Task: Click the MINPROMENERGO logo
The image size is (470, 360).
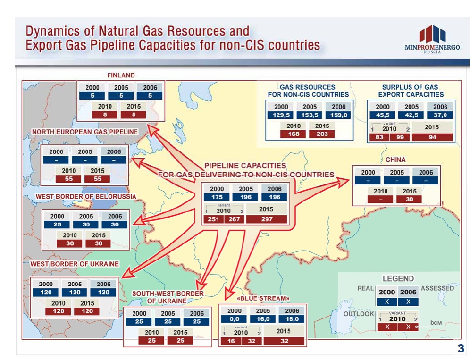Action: click(432, 39)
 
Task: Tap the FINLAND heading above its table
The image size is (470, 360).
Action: click(121, 75)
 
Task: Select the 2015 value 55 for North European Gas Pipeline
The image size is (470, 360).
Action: click(97, 179)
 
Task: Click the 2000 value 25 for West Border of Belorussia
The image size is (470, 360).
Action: click(57, 225)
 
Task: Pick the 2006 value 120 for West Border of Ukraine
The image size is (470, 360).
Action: click(103, 292)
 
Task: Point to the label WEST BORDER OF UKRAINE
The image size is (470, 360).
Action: click(75, 264)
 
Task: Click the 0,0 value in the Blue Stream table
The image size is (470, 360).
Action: click(234, 319)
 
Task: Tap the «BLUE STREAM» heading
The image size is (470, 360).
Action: click(263, 298)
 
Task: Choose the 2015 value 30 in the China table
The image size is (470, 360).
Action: click(409, 199)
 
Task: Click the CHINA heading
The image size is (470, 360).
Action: click(395, 159)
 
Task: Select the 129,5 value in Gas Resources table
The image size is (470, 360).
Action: click(281, 115)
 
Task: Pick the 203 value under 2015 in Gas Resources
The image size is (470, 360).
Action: click(322, 134)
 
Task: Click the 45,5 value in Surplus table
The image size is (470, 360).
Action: click(383, 115)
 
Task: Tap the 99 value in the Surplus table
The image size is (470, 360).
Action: click(400, 137)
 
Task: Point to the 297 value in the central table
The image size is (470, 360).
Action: click(267, 219)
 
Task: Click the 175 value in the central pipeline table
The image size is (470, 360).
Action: click(217, 197)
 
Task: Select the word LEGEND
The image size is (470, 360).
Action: click(398, 278)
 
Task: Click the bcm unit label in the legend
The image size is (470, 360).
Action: click(436, 323)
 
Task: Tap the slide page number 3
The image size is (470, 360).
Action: click(461, 348)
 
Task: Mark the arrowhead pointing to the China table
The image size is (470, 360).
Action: click(343, 181)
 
